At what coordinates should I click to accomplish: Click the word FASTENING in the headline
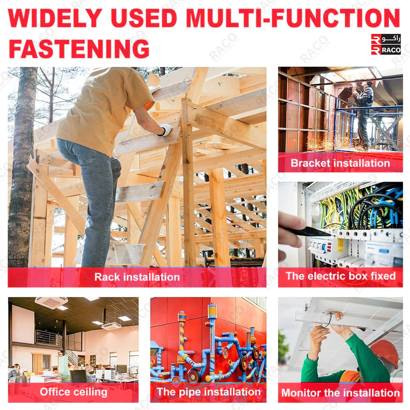(x=79, y=49)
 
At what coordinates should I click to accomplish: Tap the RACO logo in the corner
(x=386, y=44)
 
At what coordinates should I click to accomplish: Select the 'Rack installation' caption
(x=137, y=277)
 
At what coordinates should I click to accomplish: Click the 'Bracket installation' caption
(x=340, y=163)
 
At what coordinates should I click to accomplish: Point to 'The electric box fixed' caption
(x=341, y=276)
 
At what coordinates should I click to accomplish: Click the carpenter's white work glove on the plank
(x=165, y=129)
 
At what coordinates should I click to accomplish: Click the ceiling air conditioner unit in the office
(x=51, y=303)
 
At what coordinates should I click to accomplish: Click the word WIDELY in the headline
(x=55, y=18)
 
